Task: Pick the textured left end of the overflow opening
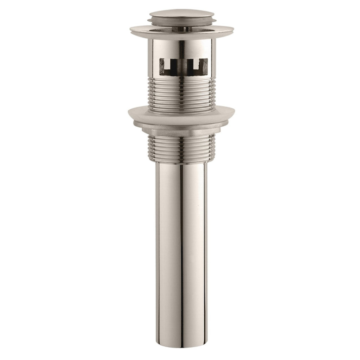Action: click(162, 67)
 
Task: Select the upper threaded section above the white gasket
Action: click(181, 93)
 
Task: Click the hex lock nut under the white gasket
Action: click(181, 131)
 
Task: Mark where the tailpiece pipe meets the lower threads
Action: click(181, 163)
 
